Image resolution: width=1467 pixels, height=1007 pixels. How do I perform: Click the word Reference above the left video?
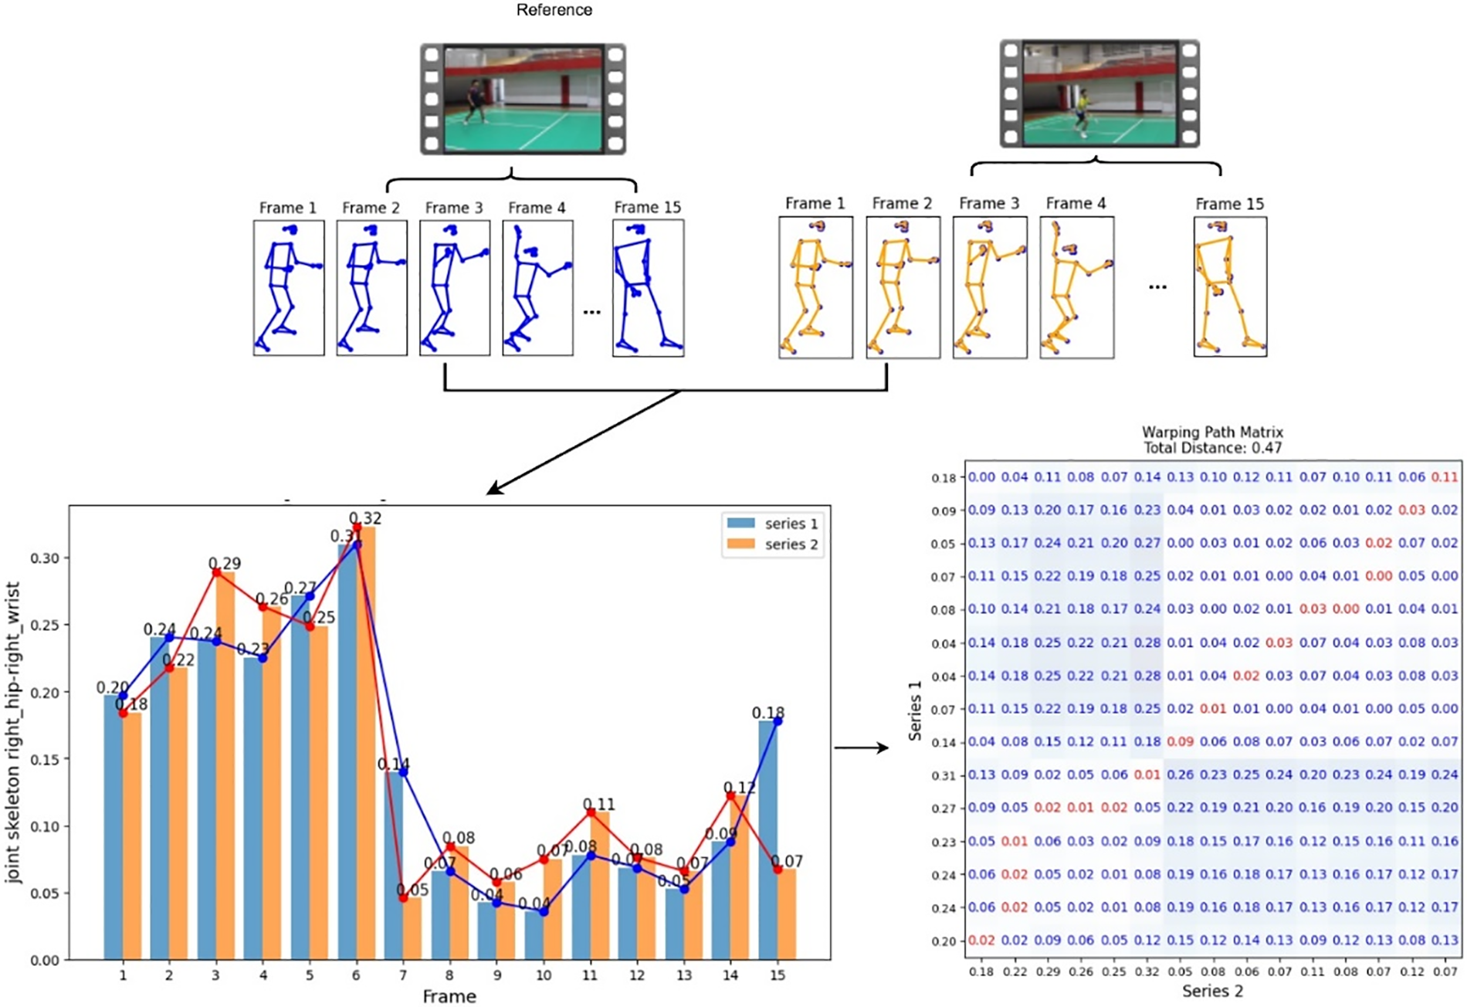pos(554,10)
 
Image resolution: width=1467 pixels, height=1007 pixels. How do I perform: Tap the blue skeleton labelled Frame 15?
pos(648,287)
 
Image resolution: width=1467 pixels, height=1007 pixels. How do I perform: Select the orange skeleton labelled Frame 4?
pos(1076,288)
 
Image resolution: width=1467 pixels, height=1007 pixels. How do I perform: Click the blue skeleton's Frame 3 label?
pos(454,208)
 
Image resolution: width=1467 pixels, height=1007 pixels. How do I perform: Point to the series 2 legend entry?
pos(772,544)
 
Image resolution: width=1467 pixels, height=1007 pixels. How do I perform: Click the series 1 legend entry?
pos(772,524)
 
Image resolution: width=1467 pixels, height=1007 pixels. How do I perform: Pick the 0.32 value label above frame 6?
pos(365,518)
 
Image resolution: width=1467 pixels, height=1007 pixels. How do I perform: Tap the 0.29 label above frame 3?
pos(225,564)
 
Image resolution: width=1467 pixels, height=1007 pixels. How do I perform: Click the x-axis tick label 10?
pos(544,975)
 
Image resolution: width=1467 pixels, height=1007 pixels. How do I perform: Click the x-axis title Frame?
pos(449,996)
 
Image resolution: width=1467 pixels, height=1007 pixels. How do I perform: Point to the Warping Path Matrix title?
pos(1212,432)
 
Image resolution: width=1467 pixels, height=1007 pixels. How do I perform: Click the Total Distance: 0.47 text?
pos(1212,448)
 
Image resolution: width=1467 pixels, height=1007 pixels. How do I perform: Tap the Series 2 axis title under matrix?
pos(1212,991)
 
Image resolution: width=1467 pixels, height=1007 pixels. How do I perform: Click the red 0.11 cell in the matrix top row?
pos(1444,477)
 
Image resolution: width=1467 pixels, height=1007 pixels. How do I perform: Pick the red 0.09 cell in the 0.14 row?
pos(1180,741)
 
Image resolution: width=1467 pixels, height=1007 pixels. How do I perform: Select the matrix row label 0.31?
pos(944,775)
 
